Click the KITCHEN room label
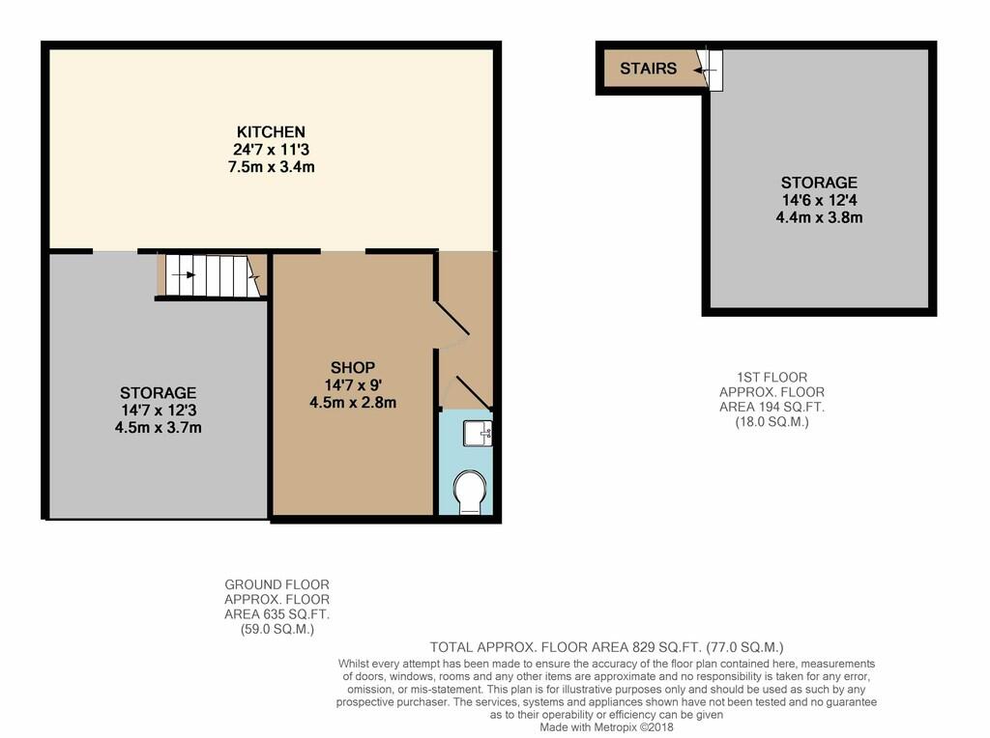tap(271, 131)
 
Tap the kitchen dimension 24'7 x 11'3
tap(271, 150)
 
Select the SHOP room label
tap(353, 367)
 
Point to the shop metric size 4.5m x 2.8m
tap(353, 403)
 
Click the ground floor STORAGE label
tap(158, 392)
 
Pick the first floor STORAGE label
tap(819, 183)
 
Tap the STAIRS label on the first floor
tap(648, 69)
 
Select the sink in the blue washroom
tap(478, 434)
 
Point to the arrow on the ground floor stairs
tap(183, 275)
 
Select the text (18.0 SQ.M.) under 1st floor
tap(772, 422)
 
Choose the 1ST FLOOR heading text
tap(772, 377)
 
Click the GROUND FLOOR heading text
tap(277, 584)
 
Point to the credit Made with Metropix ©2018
tap(606, 727)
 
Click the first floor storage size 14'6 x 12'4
tap(819, 200)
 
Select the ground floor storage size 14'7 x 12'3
tap(159, 410)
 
